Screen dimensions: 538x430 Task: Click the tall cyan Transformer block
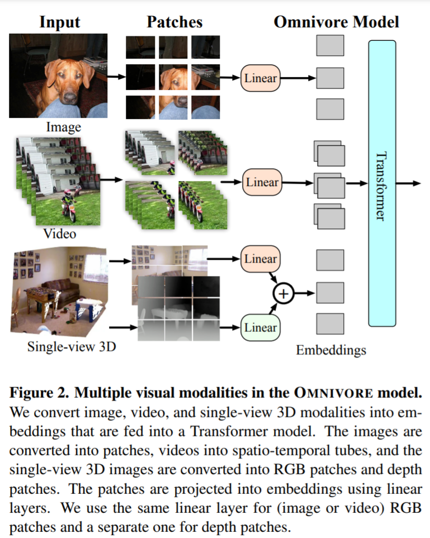pyautogui.click(x=382, y=183)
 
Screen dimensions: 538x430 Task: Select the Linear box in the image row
pyautogui.click(x=261, y=78)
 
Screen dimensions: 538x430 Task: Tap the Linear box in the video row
pyautogui.click(x=261, y=183)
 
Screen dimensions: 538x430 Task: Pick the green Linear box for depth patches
pyautogui.click(x=261, y=327)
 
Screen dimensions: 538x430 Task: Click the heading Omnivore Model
pyautogui.click(x=336, y=22)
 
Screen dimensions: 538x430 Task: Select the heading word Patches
pyautogui.click(x=174, y=22)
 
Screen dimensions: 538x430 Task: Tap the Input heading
pyautogui.click(x=59, y=22)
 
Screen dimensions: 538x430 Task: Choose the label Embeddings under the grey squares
pyautogui.click(x=331, y=350)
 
